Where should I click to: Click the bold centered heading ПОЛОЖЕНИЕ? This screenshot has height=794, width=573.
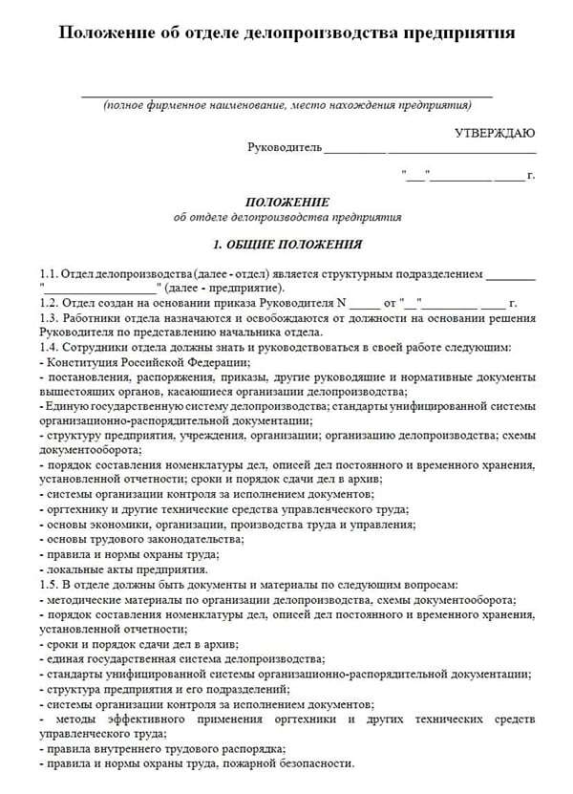point(287,203)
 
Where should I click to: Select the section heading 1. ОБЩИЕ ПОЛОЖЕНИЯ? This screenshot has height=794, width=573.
point(287,245)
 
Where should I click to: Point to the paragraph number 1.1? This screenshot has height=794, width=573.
point(50,273)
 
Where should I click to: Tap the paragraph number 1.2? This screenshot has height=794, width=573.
point(50,303)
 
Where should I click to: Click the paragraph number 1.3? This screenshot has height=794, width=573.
point(50,317)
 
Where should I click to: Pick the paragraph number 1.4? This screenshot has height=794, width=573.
point(50,347)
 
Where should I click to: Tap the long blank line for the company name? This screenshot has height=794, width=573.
point(286,94)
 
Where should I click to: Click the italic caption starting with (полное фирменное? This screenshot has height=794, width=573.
point(287,104)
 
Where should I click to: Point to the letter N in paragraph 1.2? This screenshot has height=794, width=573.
point(341,303)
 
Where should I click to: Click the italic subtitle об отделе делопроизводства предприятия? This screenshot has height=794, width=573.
point(287,217)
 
